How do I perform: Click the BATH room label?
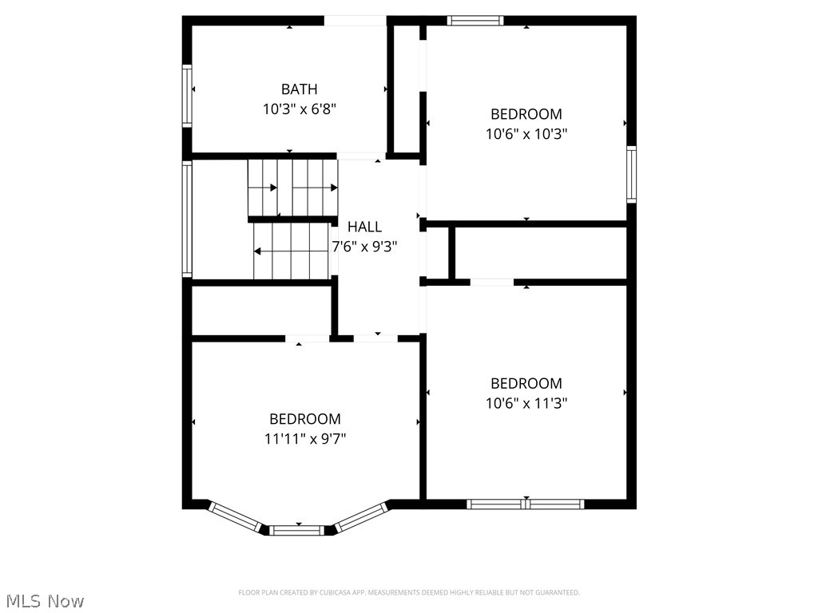coord(299,89)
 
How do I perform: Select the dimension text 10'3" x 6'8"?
coord(299,109)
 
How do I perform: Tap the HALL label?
coord(364,227)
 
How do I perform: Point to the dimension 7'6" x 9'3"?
coord(364,247)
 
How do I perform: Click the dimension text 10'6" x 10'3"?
coord(526,134)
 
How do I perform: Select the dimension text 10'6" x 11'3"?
coord(526,403)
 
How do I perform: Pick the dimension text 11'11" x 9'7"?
coord(304,438)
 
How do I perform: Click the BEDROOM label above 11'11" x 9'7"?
coord(304,419)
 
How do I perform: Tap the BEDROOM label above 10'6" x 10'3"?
coord(526,114)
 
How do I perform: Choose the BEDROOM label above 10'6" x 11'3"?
coord(526,383)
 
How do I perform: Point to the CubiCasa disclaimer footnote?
coord(409,592)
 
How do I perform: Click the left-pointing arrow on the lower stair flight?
coord(259,251)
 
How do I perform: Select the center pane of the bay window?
coord(298,530)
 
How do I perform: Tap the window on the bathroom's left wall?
coord(187,97)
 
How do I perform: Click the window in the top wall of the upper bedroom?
coord(475,21)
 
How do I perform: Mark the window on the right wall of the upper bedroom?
coord(631,174)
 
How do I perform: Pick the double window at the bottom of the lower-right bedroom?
coord(526,504)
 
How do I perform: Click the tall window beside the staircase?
coord(187,219)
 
